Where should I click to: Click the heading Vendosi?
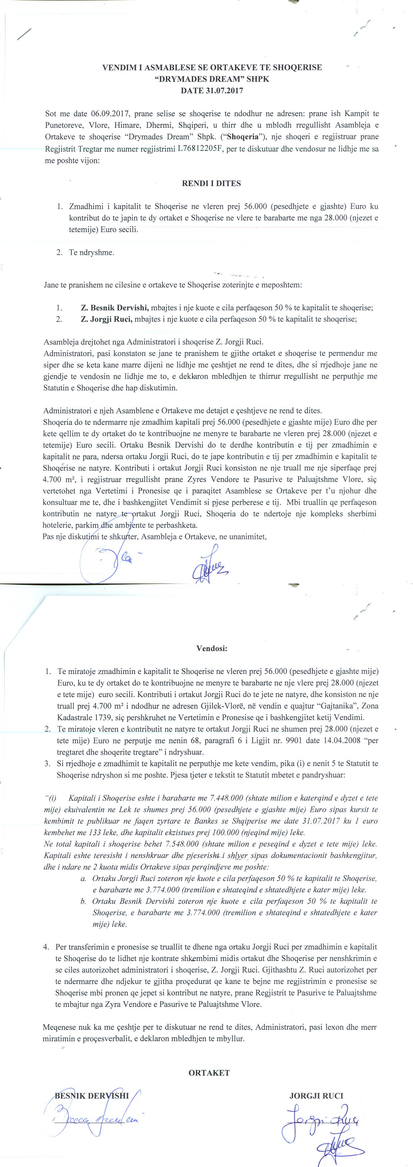pos(212,648)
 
